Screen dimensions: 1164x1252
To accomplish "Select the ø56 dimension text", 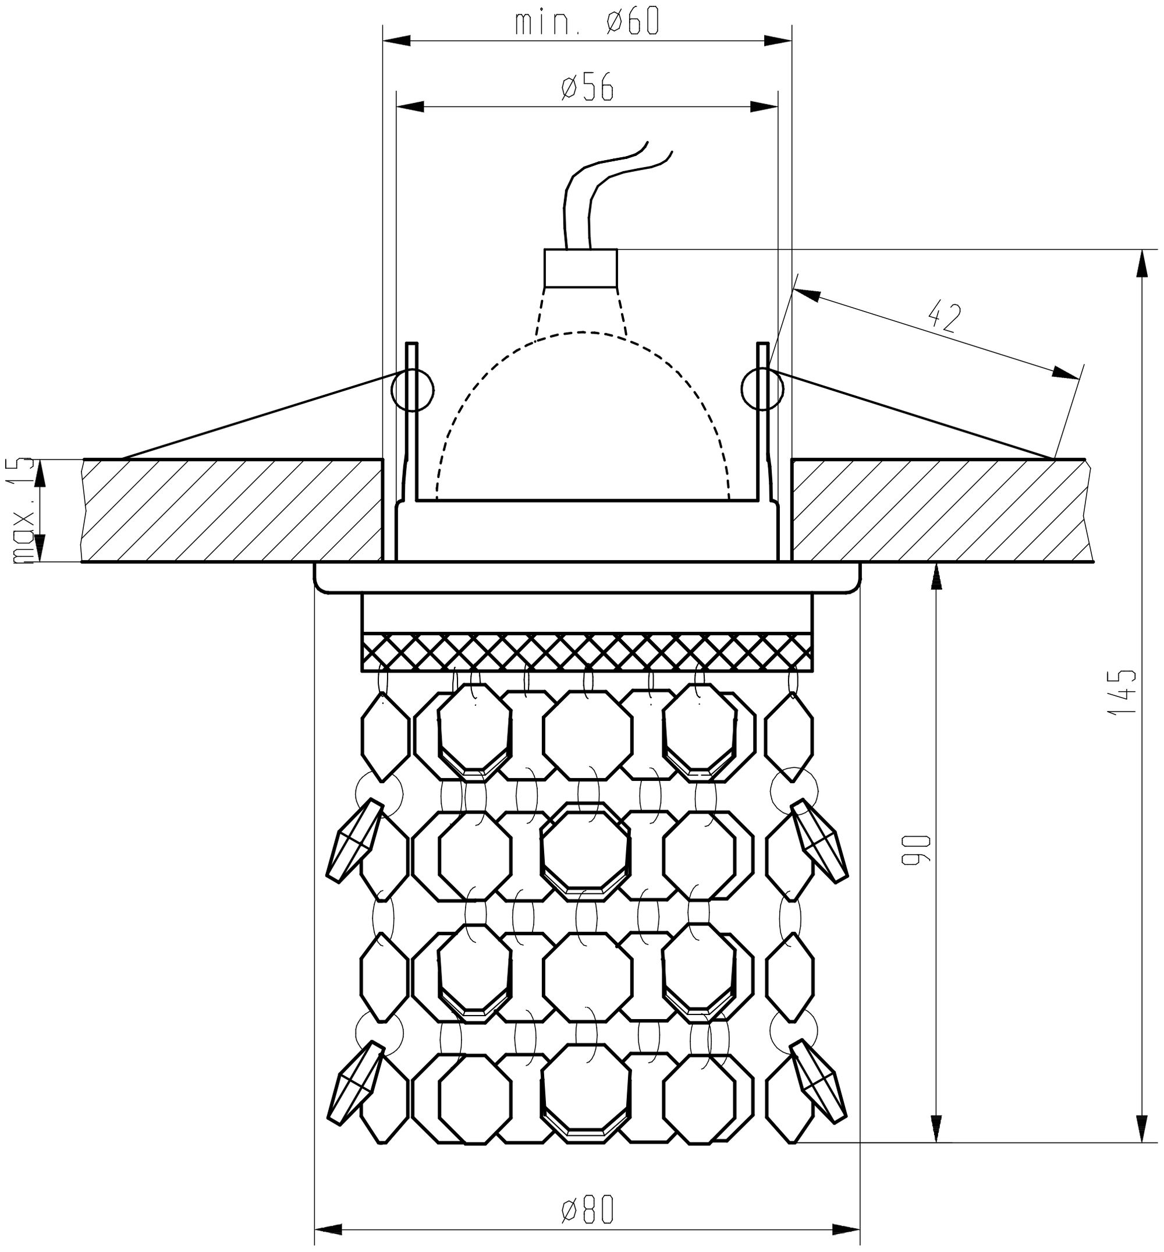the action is tap(586, 89).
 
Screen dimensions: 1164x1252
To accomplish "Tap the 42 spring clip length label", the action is tap(944, 317).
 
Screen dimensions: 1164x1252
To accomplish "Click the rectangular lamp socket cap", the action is tap(580, 268).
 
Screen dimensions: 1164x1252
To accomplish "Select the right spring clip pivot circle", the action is tap(762, 388).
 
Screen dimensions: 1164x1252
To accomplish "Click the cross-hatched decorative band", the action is tap(586, 652).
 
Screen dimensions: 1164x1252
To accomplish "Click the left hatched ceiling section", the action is tap(232, 510).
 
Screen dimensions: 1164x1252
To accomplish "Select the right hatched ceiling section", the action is tap(942, 510).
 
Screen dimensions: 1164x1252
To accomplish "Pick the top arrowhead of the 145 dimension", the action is tap(1140, 263).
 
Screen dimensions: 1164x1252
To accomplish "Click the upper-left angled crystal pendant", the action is tap(354, 840).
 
